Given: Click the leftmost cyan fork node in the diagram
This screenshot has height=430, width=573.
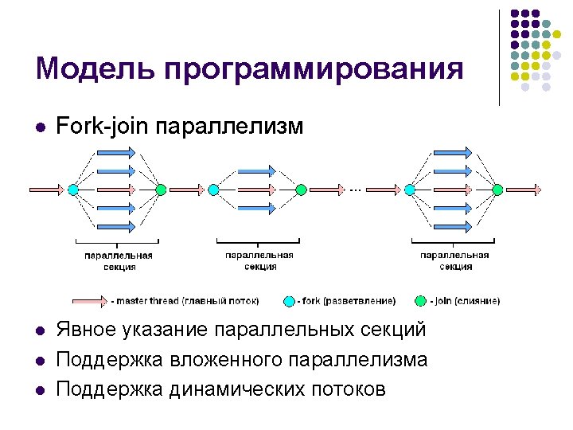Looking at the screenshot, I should (x=72, y=190).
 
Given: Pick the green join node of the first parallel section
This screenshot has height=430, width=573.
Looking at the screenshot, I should (x=161, y=190).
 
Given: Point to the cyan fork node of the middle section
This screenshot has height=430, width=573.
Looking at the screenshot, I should (x=213, y=190).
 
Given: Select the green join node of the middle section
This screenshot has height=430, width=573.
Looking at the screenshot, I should (x=301, y=190).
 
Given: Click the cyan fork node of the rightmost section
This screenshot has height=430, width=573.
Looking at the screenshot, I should (x=409, y=190).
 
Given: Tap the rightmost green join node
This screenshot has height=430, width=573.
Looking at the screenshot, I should (x=497, y=190).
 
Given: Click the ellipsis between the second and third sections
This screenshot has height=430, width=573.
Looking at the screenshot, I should (x=355, y=189).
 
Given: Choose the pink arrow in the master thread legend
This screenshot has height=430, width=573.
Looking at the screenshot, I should (x=90, y=301).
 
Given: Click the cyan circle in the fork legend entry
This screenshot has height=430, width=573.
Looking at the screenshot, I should (x=290, y=301).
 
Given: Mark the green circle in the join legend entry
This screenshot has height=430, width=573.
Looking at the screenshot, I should (x=420, y=301).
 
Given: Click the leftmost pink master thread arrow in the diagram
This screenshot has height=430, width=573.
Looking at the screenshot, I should (x=45, y=190).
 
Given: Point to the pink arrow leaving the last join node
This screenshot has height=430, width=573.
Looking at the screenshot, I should (x=525, y=190).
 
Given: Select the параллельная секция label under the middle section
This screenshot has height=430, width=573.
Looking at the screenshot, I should (x=259, y=261).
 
